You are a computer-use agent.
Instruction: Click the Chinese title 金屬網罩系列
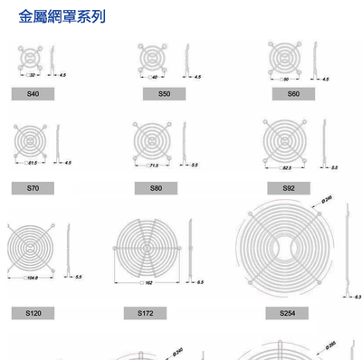[x=62, y=16]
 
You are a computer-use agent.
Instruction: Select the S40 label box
[x=33, y=94]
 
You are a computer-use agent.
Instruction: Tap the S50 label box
[x=164, y=94]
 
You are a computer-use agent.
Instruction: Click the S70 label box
[x=33, y=187]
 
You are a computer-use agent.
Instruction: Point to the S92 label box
[x=290, y=187]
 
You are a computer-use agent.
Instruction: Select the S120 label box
[x=33, y=312]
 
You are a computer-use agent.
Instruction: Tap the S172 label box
[x=146, y=312]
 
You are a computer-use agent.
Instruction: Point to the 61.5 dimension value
[x=33, y=163]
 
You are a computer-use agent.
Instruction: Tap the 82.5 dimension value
[x=286, y=168]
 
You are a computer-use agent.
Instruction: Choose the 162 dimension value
[x=148, y=283]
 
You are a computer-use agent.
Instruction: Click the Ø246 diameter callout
[x=327, y=198]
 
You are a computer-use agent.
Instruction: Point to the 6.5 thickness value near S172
[x=200, y=282]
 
